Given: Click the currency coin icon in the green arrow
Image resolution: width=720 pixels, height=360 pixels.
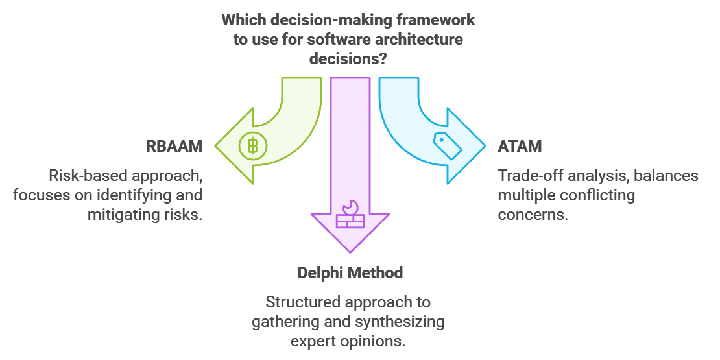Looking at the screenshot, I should [x=252, y=146].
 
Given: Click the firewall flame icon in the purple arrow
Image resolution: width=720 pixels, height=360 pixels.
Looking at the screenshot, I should [x=350, y=215].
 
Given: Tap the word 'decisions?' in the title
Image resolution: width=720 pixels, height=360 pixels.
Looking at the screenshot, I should [x=348, y=58].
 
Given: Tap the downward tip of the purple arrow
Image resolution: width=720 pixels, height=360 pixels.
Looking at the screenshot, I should [x=350, y=252].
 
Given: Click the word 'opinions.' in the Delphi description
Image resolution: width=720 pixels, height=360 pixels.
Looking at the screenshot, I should [x=378, y=341].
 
